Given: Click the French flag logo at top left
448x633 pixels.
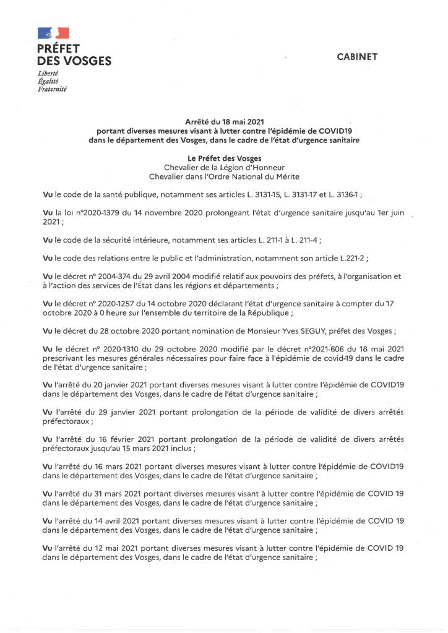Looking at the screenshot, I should [52, 33].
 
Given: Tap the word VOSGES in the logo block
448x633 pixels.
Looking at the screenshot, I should [87, 61].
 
